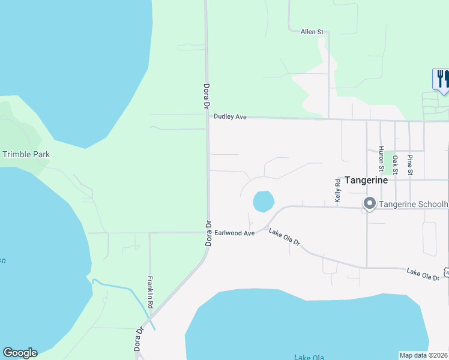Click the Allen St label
[x=312, y=31]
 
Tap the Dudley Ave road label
[x=231, y=118]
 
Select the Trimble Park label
[x=26, y=154]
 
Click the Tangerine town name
[x=366, y=180]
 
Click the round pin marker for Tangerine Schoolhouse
[x=370, y=204]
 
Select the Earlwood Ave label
[x=235, y=232]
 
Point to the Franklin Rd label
[x=151, y=292]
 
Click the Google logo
[x=20, y=353]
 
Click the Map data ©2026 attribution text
[x=423, y=355]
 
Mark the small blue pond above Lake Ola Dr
[x=263, y=202]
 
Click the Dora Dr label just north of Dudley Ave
[x=206, y=95]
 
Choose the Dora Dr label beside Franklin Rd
[x=139, y=338]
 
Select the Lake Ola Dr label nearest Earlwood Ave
[x=284, y=239]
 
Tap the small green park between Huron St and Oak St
[x=396, y=162]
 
